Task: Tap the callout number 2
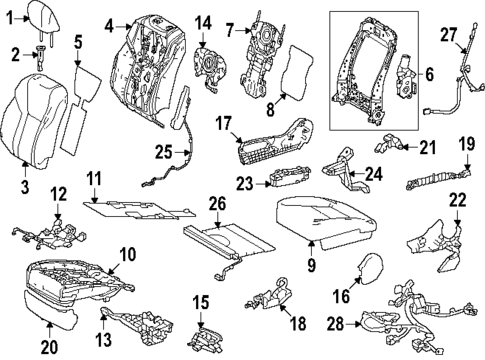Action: click(x=15, y=53)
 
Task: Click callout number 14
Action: click(x=204, y=22)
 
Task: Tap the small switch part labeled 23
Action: click(x=290, y=181)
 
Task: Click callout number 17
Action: click(x=224, y=124)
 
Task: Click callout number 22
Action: click(x=457, y=201)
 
